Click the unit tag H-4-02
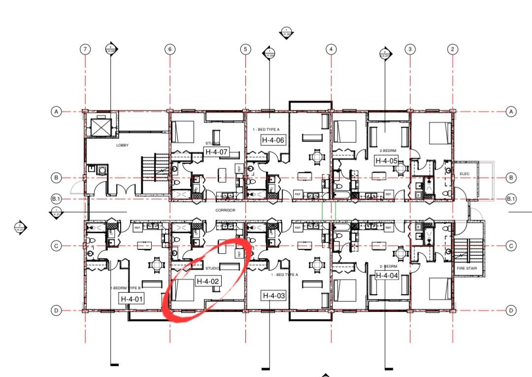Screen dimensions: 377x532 pyautogui.click(x=208, y=282)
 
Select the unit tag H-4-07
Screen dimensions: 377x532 pyautogui.click(x=217, y=152)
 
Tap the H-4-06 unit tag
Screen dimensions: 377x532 pyautogui.click(x=273, y=140)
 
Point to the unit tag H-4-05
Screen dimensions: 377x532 pyautogui.click(x=386, y=160)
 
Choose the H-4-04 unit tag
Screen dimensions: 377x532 pyautogui.click(x=387, y=276)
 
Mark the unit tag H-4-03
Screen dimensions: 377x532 pyautogui.click(x=274, y=296)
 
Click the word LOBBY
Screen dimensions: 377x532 pyautogui.click(x=122, y=146)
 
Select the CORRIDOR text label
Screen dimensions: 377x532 pyautogui.click(x=225, y=210)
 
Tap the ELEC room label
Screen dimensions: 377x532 pyautogui.click(x=465, y=174)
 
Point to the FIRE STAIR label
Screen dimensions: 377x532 pyautogui.click(x=465, y=268)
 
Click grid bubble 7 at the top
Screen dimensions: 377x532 pyautogui.click(x=86, y=49)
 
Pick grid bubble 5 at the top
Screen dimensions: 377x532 pyautogui.click(x=245, y=49)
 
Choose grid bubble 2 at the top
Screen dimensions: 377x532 pyautogui.click(x=452, y=49)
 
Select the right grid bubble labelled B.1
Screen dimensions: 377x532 pyautogui.click(x=511, y=199)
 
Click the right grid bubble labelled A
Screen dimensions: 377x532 pyautogui.click(x=511, y=112)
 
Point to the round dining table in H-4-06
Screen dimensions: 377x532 pyautogui.click(x=316, y=157)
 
